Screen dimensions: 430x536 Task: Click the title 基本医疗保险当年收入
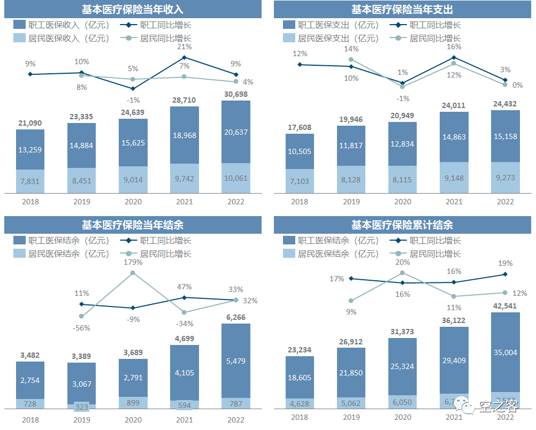point(133,10)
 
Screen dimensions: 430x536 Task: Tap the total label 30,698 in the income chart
point(236,95)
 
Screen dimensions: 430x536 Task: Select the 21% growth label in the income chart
point(185,47)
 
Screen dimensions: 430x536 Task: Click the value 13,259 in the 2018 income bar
point(30,149)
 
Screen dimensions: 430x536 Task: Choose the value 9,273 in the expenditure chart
point(505,178)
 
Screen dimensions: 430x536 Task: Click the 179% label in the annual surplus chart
point(133,263)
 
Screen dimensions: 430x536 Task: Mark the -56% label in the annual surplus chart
point(82,328)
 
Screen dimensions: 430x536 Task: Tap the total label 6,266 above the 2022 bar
point(236,317)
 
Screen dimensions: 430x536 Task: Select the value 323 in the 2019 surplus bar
point(82,407)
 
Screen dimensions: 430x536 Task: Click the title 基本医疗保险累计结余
point(402,225)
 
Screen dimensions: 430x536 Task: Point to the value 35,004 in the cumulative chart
point(505,352)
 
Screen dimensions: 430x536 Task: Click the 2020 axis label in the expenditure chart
point(402,202)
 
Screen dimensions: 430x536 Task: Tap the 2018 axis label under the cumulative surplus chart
point(300,417)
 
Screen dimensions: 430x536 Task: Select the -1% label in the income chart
point(133,100)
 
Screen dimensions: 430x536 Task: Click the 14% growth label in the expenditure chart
point(351,49)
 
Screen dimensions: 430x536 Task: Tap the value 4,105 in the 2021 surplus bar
point(185,373)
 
